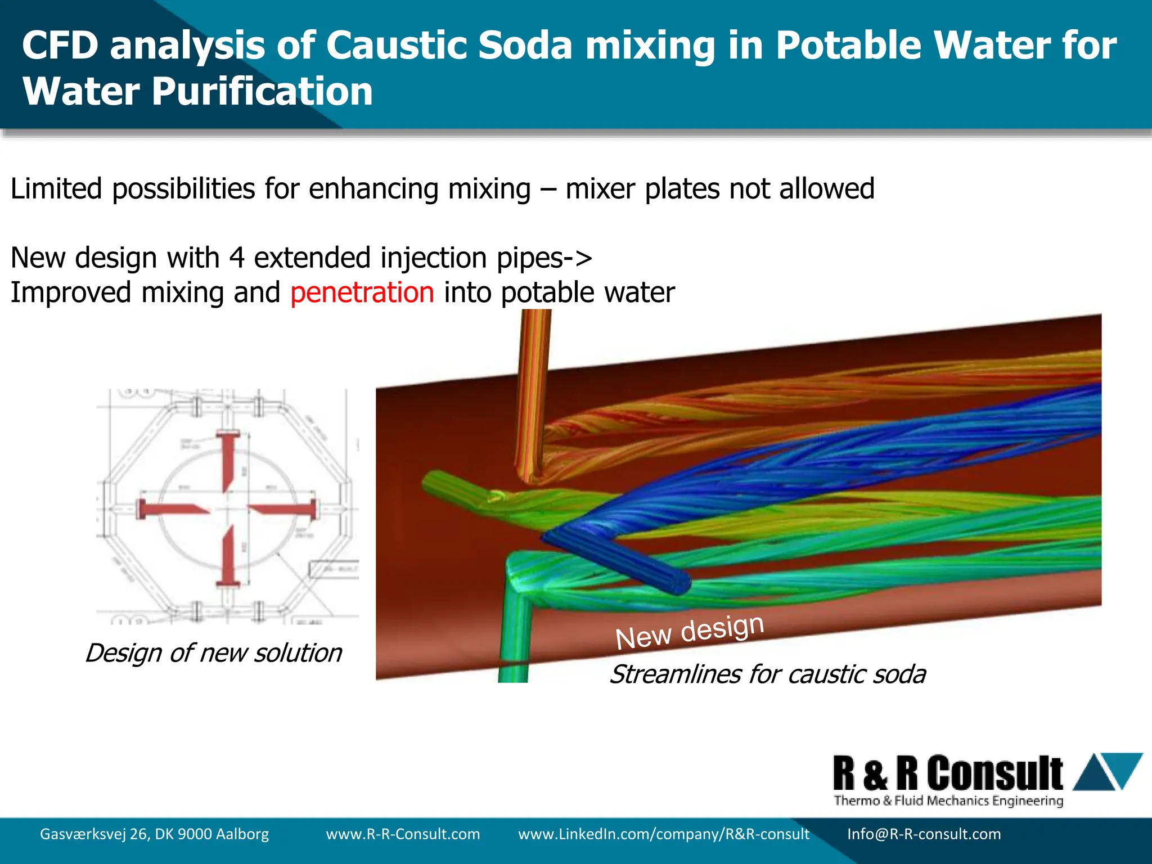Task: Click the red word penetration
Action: click(362, 293)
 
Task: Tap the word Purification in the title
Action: click(262, 92)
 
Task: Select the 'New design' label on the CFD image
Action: click(689, 632)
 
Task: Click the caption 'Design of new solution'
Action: click(213, 653)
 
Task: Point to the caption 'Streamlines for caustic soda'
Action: click(767, 674)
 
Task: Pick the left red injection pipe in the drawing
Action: click(169, 510)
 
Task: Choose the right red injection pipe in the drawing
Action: click(287, 510)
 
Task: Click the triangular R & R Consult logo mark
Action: click(1107, 772)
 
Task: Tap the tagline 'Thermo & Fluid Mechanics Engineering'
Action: click(948, 800)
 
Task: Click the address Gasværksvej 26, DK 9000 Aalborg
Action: click(154, 834)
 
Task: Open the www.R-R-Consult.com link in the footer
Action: click(403, 834)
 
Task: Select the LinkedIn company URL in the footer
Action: click(663, 834)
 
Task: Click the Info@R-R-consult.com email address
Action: click(924, 834)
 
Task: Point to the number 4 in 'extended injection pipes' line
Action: click(237, 258)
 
